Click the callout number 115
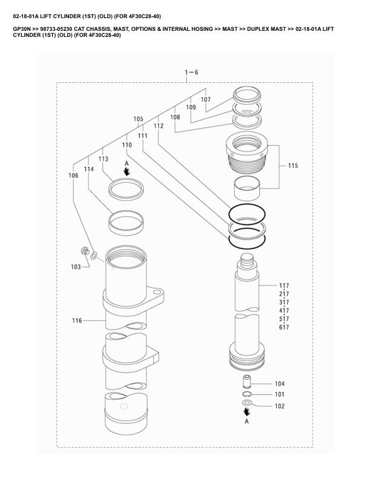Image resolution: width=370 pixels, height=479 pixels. [x=293, y=166]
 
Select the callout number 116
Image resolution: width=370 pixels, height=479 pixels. [x=77, y=321]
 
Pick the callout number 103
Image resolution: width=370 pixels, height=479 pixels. [x=76, y=266]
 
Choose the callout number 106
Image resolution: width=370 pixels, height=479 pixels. [x=73, y=176]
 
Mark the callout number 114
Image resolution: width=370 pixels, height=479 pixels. [x=89, y=170]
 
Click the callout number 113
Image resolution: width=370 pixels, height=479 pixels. [x=103, y=158]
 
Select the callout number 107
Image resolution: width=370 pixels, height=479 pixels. [x=206, y=99]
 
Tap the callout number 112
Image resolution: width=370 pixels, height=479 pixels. [x=158, y=126]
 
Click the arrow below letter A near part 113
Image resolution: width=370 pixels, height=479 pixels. [x=126, y=171]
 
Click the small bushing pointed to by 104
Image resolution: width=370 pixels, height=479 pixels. [x=247, y=382]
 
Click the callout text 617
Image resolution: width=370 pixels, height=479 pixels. [x=284, y=327]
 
